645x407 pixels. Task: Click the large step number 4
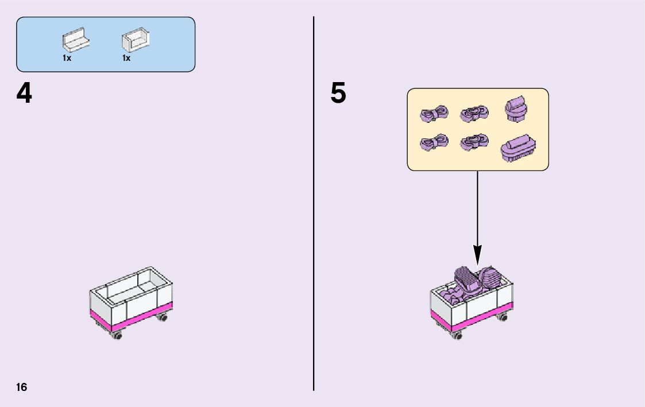click(x=24, y=94)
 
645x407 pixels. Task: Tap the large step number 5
click(x=338, y=94)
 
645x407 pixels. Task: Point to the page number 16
click(x=21, y=387)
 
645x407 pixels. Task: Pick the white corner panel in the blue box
click(x=135, y=42)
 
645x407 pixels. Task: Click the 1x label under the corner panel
click(x=126, y=58)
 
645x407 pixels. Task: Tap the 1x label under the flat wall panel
click(x=67, y=58)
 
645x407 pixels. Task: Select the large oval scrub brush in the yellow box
click(x=519, y=149)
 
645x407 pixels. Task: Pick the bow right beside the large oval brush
click(x=474, y=142)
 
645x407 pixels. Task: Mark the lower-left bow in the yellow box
click(x=434, y=142)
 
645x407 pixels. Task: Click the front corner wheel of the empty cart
click(x=118, y=336)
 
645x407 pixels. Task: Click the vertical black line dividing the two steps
click(x=314, y=230)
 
